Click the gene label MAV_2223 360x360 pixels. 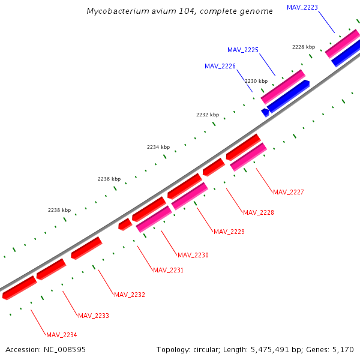pyautogui.click(x=302, y=7)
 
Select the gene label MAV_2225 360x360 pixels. pyautogui.click(x=243, y=50)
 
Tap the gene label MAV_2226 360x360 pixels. pyautogui.click(x=220, y=66)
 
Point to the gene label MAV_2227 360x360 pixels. pyautogui.click(x=289, y=192)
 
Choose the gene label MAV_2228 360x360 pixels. pyautogui.click(x=259, y=212)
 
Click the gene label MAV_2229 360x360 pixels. pyautogui.click(x=229, y=232)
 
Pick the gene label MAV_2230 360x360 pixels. pyautogui.click(x=193, y=256)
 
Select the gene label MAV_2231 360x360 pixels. pyautogui.click(x=168, y=270)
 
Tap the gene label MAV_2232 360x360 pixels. pyautogui.click(x=130, y=295)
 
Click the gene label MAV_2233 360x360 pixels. pyautogui.click(x=94, y=316)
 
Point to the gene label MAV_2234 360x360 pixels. pyautogui.click(x=62, y=335)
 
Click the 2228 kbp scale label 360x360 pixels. pyautogui.click(x=304, y=47)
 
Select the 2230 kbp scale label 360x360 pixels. pyautogui.click(x=256, y=80)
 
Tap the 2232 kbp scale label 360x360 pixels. pyautogui.click(x=208, y=115)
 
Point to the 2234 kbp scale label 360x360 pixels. pyautogui.click(x=158, y=147)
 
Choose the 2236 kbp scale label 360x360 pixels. pyautogui.click(x=109, y=179)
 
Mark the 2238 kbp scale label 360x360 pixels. pyautogui.click(x=59, y=211)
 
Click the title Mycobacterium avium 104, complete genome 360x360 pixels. pyautogui.click(x=179, y=11)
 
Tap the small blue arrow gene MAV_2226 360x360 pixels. pyautogui.click(x=265, y=112)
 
